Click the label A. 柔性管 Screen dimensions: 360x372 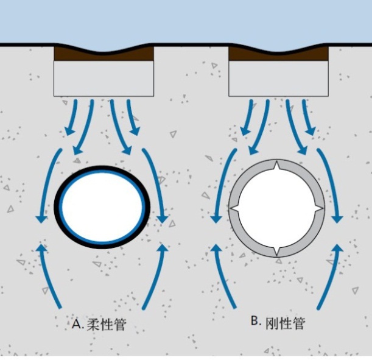(x=99, y=323)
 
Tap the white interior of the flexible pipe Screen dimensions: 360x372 (x=101, y=206)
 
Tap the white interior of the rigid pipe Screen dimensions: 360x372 (x=277, y=208)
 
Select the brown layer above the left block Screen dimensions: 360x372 (x=104, y=54)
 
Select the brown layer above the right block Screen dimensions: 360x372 (x=278, y=54)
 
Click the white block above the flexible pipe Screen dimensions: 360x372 (x=104, y=79)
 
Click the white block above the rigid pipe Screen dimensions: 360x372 (x=278, y=79)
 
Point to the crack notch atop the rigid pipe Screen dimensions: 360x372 (x=277, y=167)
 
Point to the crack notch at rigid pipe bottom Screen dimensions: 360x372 (x=277, y=251)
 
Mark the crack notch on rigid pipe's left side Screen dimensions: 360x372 (x=234, y=209)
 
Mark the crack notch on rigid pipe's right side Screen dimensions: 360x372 (x=318, y=209)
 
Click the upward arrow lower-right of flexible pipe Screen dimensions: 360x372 (x=155, y=274)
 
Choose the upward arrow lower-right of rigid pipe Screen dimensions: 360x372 (x=329, y=274)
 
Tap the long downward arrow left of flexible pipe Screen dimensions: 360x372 (x=46, y=183)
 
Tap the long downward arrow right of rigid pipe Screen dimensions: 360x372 (x=332, y=183)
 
